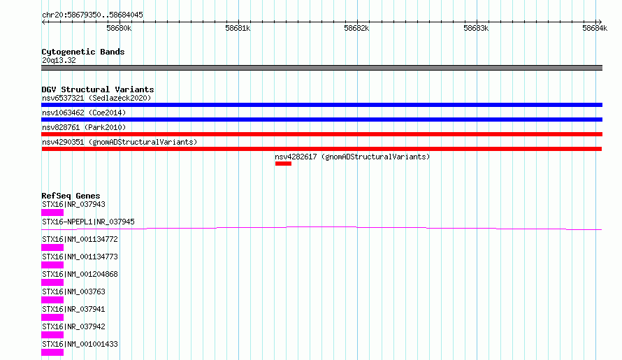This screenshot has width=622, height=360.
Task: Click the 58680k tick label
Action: (x=119, y=28)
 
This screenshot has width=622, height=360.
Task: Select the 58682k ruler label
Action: (x=356, y=28)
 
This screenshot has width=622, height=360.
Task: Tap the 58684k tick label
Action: (x=595, y=28)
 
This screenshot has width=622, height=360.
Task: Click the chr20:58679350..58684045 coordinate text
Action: (x=92, y=15)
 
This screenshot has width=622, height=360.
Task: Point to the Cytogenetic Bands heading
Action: (x=83, y=52)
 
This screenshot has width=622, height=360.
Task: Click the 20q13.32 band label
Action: (x=59, y=60)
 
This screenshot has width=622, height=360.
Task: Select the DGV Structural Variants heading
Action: (x=98, y=89)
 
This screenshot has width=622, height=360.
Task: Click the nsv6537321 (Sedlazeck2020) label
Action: (x=96, y=98)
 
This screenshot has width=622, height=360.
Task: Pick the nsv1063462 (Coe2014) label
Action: (x=84, y=113)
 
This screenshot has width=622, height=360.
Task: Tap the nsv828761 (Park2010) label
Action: (x=84, y=127)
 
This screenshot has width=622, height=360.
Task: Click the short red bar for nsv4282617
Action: (x=283, y=164)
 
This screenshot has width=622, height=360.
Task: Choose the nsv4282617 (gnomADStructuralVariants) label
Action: (x=352, y=157)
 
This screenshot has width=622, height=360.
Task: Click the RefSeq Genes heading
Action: (x=71, y=196)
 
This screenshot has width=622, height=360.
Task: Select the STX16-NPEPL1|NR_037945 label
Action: (x=88, y=222)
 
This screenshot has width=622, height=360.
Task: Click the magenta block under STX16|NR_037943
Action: (x=52, y=213)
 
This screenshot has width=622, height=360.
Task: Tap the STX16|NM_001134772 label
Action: (x=80, y=239)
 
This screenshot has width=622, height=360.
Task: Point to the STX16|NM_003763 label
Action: (x=73, y=291)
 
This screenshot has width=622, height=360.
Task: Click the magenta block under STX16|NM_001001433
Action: (x=52, y=352)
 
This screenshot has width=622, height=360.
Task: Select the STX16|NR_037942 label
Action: (x=73, y=326)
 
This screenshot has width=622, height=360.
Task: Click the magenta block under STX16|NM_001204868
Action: (x=52, y=282)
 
